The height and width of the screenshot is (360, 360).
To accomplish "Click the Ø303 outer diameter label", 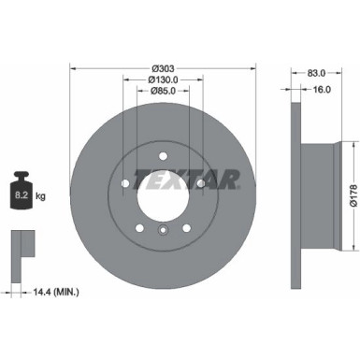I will [x=164, y=68].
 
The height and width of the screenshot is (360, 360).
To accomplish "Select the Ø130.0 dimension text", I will [x=164, y=79].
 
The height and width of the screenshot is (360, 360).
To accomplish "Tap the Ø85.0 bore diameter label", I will [x=164, y=91].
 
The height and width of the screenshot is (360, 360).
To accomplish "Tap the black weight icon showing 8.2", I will [x=21, y=194].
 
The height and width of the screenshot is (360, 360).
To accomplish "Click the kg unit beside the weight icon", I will [x=42, y=196].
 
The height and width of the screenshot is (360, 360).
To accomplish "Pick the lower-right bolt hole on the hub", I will [x=186, y=226].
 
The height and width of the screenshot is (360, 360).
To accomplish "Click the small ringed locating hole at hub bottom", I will [x=163, y=231].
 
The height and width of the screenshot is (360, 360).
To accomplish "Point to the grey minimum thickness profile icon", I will [x=16, y=247].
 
